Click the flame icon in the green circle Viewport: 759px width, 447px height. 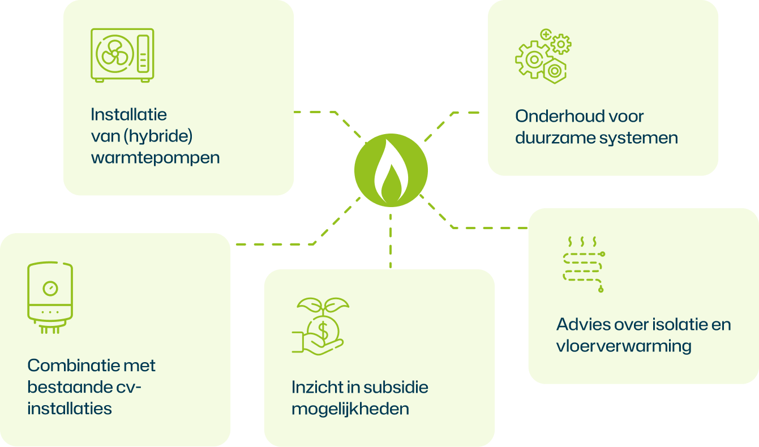click(391, 170)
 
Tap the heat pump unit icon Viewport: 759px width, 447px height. click(122, 55)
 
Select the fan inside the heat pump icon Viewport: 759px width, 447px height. click(115, 54)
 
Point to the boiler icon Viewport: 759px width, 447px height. click(50, 297)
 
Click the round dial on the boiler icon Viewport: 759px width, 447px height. click(50, 289)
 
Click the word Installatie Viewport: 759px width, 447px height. click(128, 114)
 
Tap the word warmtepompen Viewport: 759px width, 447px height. click(155, 157)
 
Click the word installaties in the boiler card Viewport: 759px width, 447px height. click(69, 408)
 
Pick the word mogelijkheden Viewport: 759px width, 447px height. click(350, 409)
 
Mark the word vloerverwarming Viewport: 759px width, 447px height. click(623, 346)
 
